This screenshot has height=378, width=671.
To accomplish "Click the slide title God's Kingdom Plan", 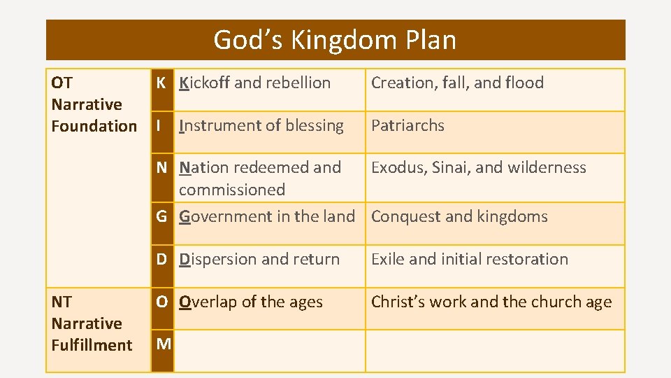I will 335,40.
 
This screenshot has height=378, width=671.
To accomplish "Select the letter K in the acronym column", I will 161,83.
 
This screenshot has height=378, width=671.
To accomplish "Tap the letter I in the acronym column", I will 160,125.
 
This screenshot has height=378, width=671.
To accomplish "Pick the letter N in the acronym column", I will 161,167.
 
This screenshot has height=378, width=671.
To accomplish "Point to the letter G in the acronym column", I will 161,216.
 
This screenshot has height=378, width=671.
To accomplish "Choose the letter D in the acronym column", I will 161,259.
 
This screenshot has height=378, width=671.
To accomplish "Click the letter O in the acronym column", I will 161,302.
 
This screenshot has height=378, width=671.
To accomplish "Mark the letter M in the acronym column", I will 164,344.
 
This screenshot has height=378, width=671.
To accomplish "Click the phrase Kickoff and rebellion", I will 254,83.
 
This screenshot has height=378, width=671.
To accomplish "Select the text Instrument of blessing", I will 261,125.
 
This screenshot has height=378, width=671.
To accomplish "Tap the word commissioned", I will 232,190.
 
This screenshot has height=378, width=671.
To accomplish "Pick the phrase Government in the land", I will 267,216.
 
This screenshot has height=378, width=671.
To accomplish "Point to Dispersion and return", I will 259,259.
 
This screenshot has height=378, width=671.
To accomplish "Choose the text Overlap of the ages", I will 251,302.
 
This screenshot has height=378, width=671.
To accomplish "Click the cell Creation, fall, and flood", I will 457,83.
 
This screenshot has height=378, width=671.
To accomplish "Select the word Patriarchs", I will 407,125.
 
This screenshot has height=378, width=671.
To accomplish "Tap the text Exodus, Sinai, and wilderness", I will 479,167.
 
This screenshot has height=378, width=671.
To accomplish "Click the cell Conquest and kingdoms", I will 459,216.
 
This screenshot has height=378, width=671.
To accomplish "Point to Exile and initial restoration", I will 470,259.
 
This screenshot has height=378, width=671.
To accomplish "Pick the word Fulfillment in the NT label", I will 92,345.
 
